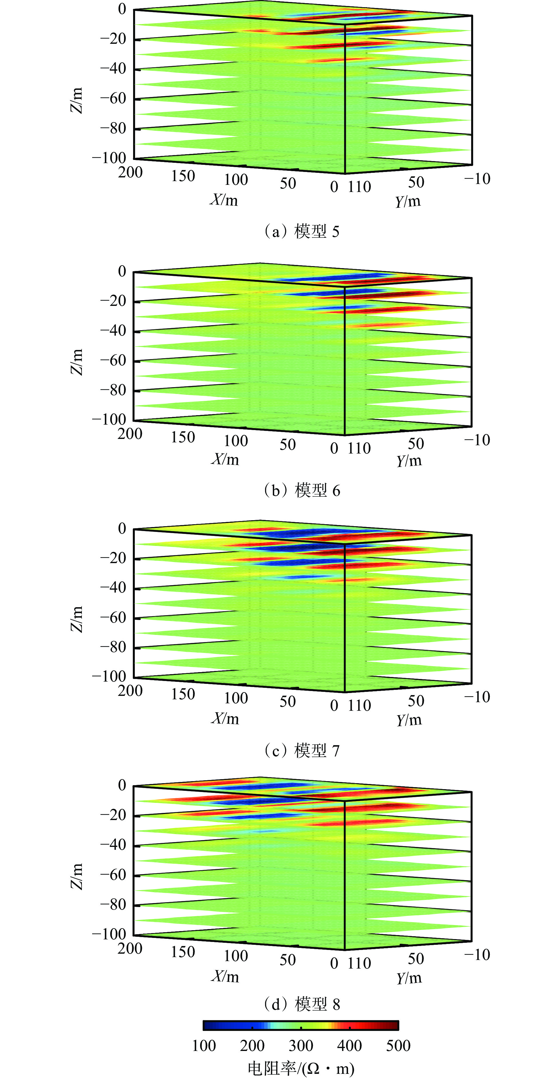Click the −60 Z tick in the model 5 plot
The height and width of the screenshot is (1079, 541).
[x=113, y=98]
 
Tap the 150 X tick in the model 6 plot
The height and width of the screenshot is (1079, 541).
[x=183, y=437]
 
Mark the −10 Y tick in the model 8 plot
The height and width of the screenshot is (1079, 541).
[x=477, y=954]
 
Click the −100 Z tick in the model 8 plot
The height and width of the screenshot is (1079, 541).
[x=109, y=934]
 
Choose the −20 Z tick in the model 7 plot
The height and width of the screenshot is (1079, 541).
[x=113, y=558]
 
